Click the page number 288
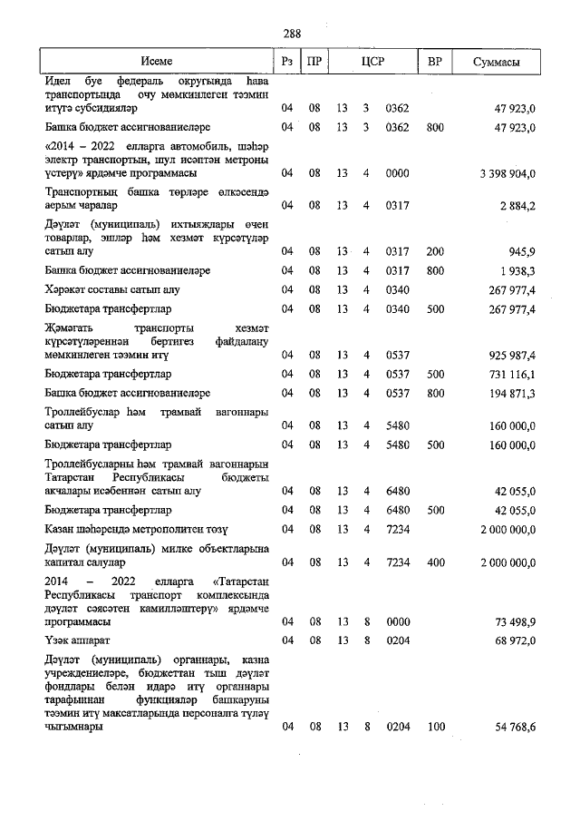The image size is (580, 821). [x=291, y=34]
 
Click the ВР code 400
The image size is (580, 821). [x=434, y=562]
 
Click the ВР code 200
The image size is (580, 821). [x=434, y=251]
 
